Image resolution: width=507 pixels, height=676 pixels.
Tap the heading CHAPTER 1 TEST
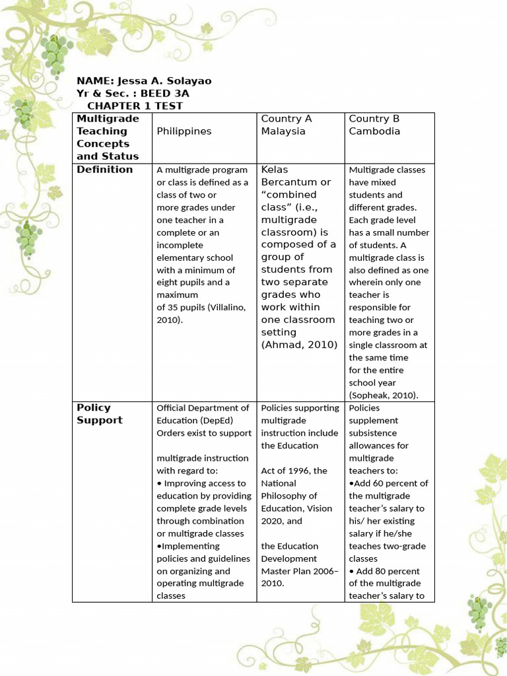135,106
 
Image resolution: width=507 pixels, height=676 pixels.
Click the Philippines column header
184,131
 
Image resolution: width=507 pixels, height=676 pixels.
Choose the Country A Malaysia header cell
287,125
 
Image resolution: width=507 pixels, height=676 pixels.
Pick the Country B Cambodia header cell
374,125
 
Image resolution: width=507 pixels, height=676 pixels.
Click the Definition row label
104,170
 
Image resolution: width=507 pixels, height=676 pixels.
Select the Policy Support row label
100,414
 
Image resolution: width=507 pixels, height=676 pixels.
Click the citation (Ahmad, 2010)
299,345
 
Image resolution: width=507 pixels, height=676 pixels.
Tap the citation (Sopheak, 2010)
384,395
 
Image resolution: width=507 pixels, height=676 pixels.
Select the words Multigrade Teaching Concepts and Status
108,137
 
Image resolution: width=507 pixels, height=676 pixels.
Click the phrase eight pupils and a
193,283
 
